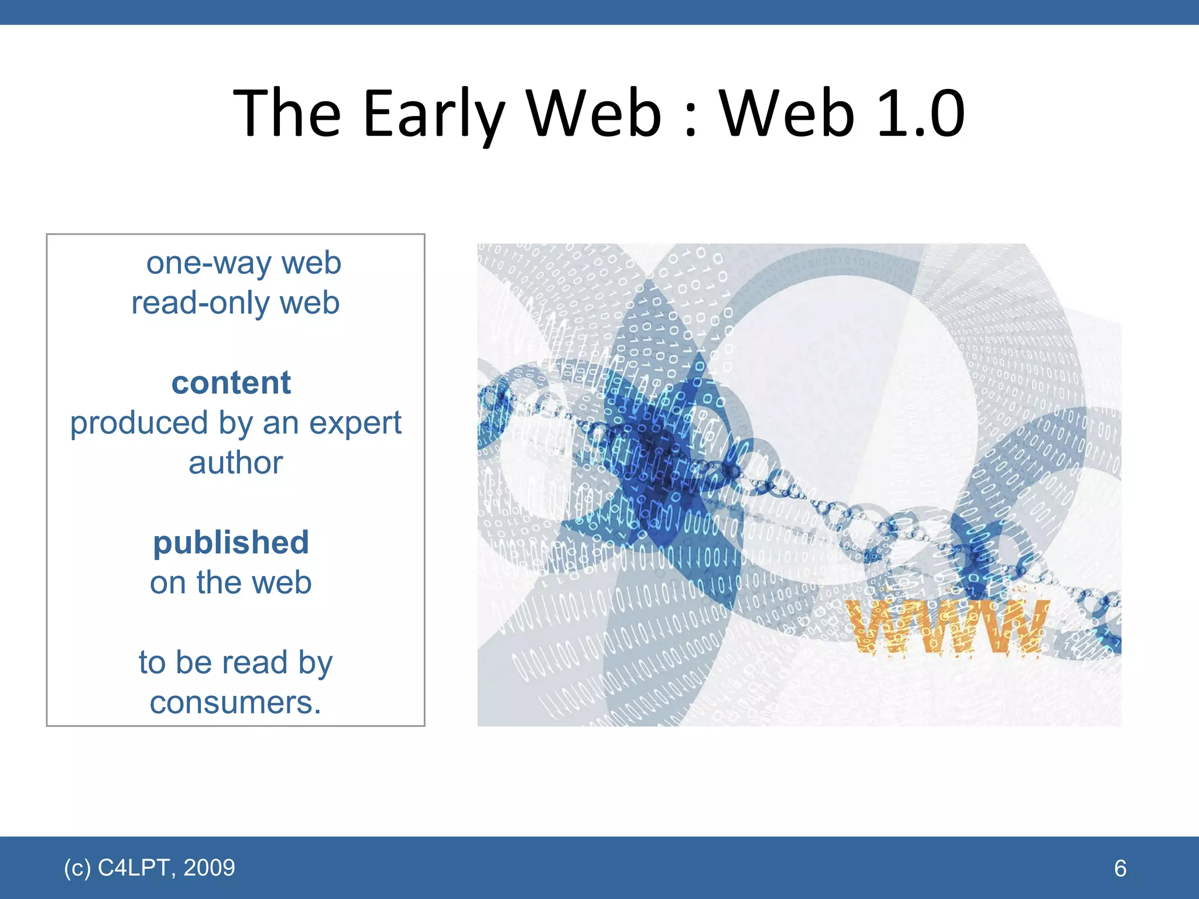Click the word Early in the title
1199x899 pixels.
pos(433,114)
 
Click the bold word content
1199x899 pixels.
pos(231,383)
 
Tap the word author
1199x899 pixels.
pos(235,463)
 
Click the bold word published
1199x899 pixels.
pos(231,543)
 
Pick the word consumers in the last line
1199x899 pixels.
pos(235,703)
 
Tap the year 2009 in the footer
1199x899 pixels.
pos(209,867)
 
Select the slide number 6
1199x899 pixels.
pos(1120,868)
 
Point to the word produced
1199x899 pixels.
pos(139,423)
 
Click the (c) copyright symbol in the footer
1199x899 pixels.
pos(77,867)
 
